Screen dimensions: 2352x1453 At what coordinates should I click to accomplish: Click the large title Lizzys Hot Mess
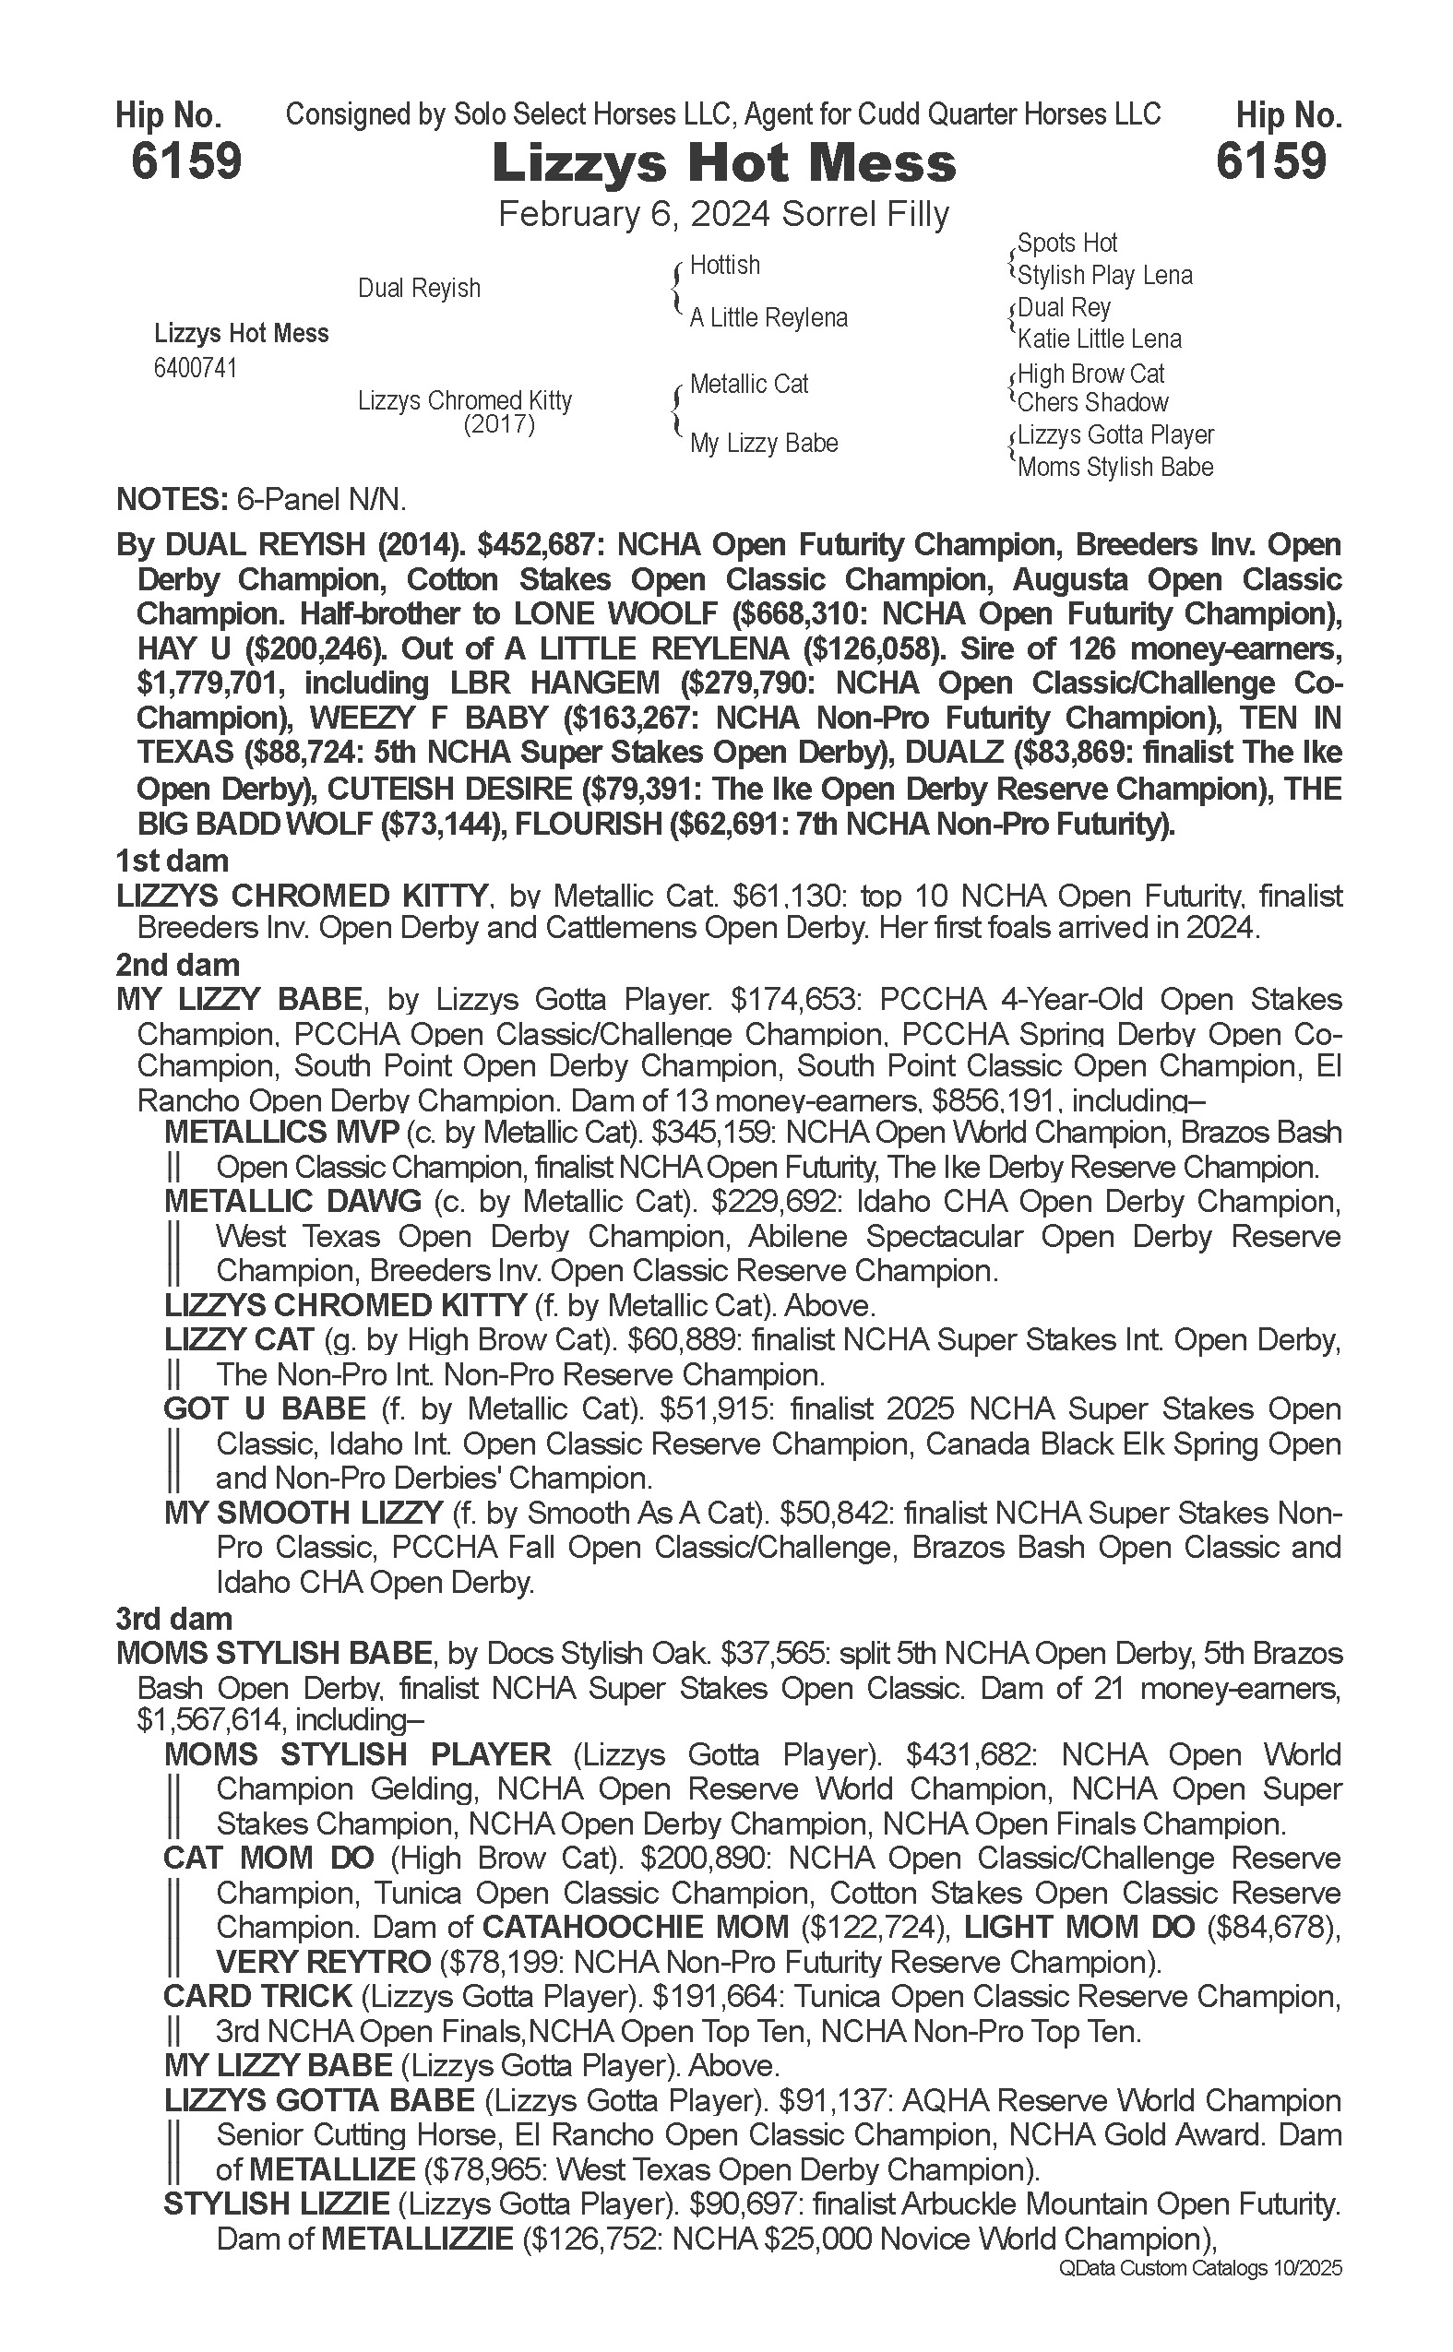(723, 163)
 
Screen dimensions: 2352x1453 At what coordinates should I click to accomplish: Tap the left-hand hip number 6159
(186, 160)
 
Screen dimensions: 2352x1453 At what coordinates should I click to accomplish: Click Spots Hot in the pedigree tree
(1066, 244)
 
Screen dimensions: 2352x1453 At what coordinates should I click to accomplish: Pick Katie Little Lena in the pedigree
(1100, 339)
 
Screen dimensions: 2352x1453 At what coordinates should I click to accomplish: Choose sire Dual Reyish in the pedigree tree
(419, 288)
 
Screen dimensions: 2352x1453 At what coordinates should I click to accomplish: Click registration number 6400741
(195, 369)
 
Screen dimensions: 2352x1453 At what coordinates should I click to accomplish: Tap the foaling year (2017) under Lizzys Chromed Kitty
(499, 424)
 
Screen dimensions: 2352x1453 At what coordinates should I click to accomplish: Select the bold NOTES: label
(170, 500)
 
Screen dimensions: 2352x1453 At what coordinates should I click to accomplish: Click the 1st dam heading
(172, 860)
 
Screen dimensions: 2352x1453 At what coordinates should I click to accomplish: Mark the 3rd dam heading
(174, 1619)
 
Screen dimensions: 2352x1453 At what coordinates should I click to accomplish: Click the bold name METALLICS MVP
(281, 1133)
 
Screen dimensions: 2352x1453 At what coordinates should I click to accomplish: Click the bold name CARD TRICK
(257, 1997)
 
